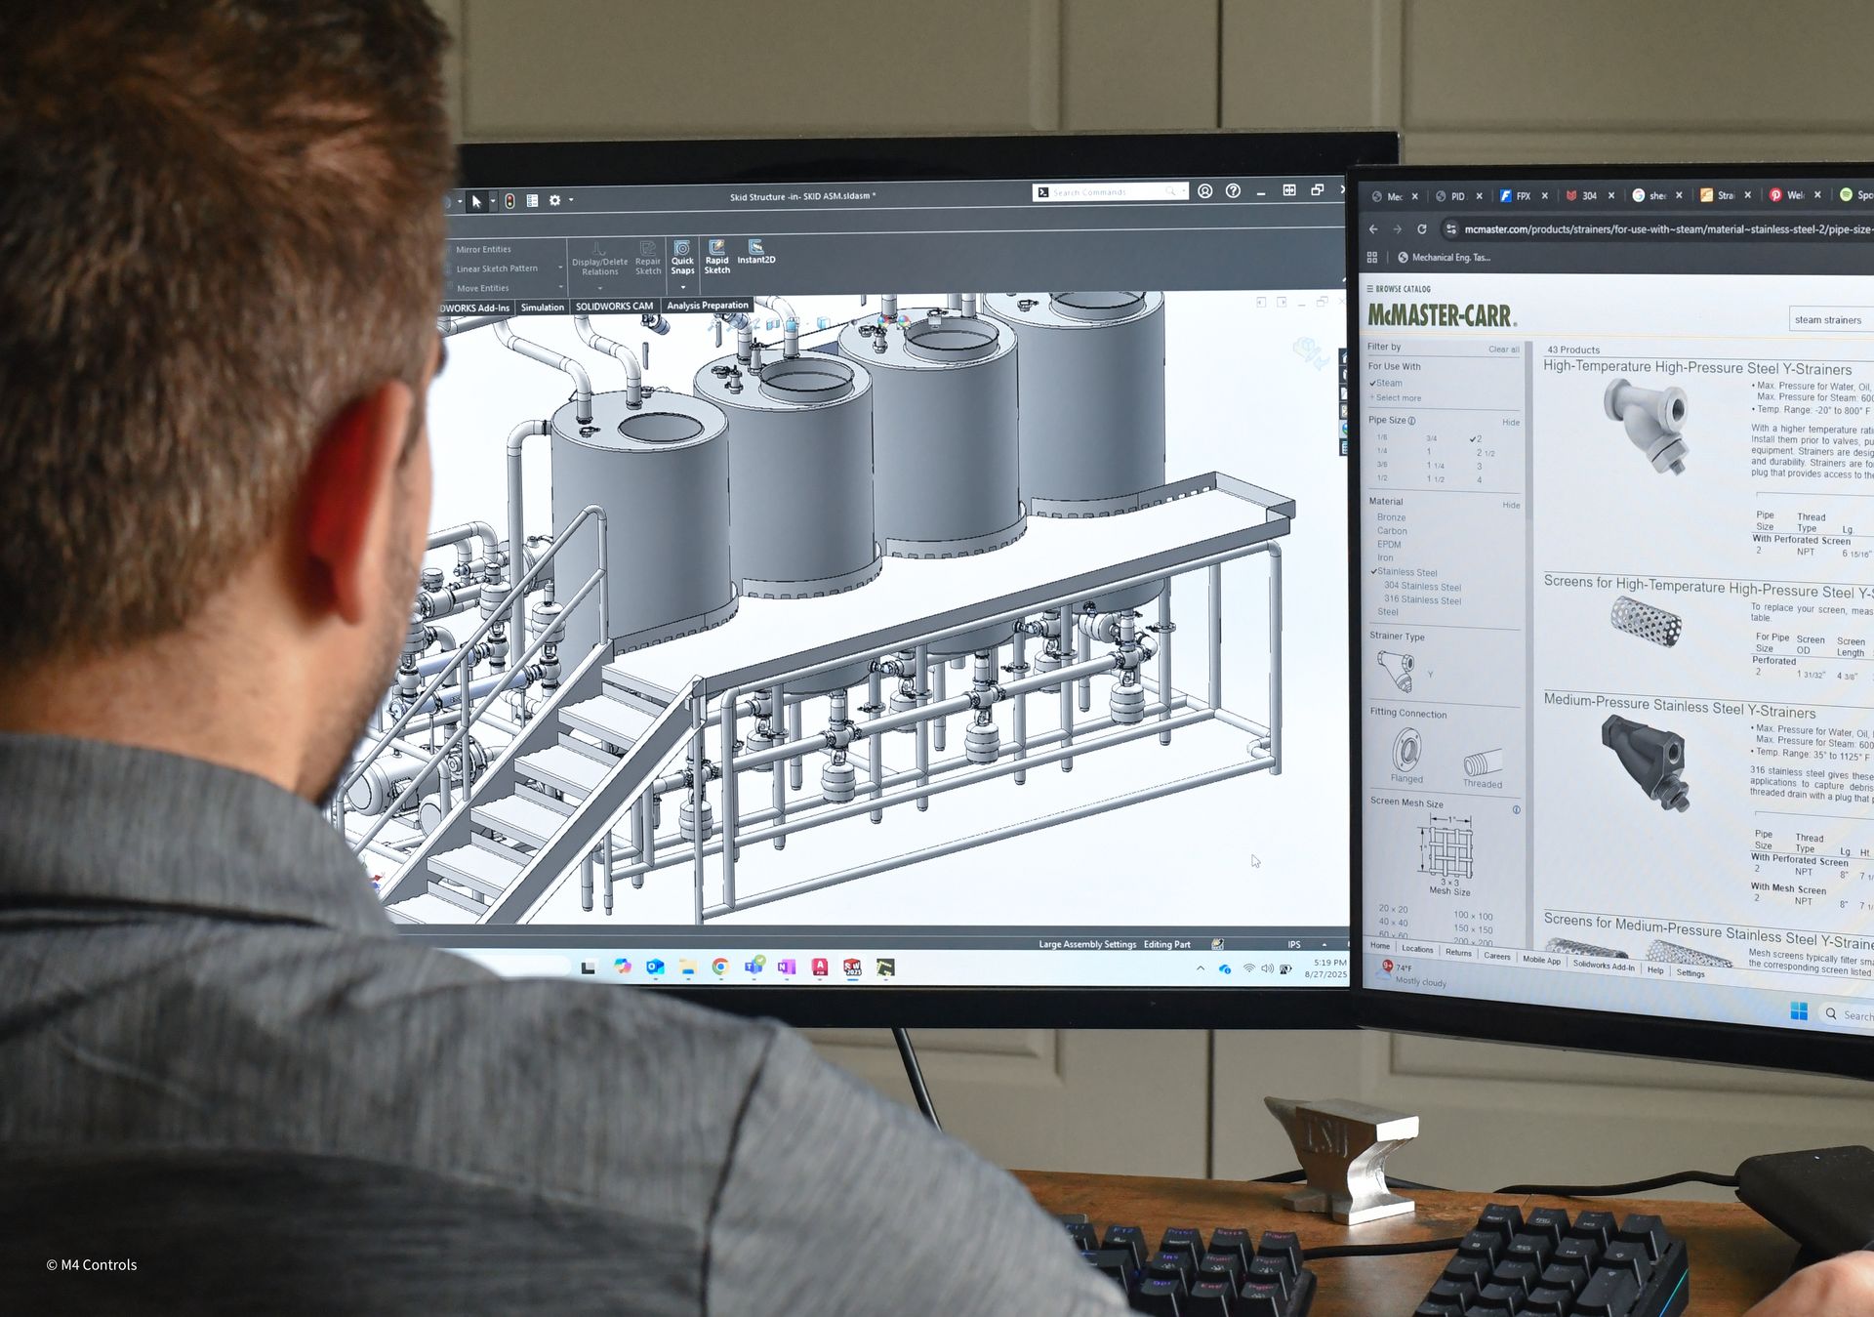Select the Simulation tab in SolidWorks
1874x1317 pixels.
click(542, 308)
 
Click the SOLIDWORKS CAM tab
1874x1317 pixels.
click(614, 307)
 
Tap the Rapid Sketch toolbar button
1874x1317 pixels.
click(717, 257)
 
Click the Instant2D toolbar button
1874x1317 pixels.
click(755, 252)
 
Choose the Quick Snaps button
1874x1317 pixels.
click(682, 257)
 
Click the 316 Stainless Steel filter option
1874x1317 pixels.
click(1422, 599)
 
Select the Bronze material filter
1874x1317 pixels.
click(1391, 517)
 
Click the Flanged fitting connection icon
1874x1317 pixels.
click(1406, 755)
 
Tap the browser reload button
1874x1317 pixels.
click(1422, 229)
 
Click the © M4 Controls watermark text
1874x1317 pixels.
click(92, 1264)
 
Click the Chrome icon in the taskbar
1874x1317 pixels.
click(720, 967)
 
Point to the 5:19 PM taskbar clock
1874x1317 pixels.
click(1328, 963)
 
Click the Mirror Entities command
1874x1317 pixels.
click(483, 250)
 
